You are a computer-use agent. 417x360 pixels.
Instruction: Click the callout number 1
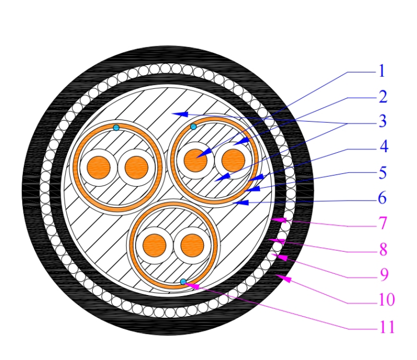[382, 71]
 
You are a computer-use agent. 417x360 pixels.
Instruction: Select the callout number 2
[382, 97]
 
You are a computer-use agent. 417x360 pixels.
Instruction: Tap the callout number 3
[382, 122]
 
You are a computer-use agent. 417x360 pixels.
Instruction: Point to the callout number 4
[382, 147]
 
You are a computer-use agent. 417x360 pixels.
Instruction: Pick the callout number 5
[382, 173]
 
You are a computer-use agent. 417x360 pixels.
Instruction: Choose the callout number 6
[382, 198]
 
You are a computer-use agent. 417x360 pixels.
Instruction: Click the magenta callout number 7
[382, 224]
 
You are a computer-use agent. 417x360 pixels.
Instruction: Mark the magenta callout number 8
[382, 249]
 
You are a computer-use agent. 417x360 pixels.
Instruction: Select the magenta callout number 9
[382, 275]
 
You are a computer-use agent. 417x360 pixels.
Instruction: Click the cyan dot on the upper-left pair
[116, 128]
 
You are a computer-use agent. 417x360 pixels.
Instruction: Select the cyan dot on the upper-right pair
[193, 127]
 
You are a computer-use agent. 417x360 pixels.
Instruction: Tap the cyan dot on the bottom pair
[183, 282]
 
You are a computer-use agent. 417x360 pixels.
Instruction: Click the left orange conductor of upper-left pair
[100, 167]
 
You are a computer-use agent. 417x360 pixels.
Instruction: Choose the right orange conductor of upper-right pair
[232, 161]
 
